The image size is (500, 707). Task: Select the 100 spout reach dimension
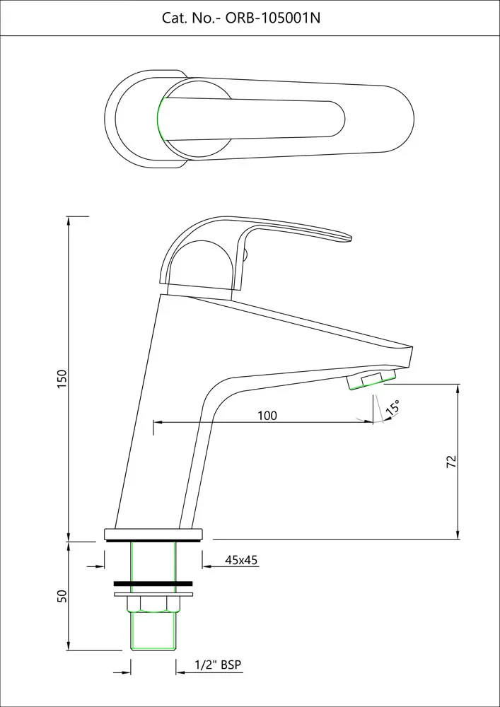pos(267,415)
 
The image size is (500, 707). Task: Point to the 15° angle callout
pos(393,407)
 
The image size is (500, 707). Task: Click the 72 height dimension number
pos(452,461)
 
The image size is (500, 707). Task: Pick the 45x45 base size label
pos(241,560)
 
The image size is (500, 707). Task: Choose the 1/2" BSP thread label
pos(219,665)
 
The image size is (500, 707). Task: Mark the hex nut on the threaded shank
pos(153,604)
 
